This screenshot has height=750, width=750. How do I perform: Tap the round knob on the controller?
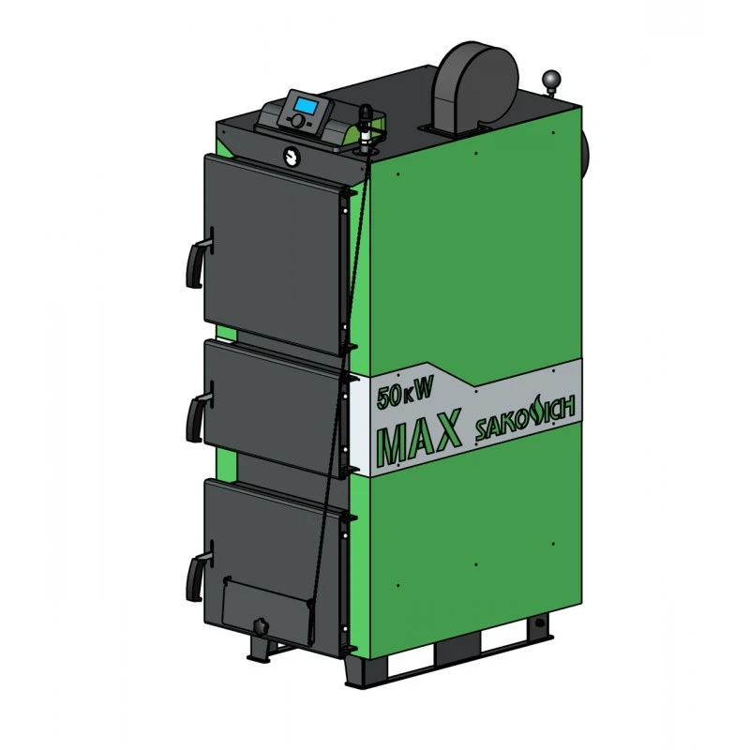(x=297, y=120)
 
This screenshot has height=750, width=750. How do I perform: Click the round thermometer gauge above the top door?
(x=292, y=156)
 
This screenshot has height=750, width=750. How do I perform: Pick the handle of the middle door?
(x=198, y=412)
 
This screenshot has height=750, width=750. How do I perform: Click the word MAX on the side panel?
(x=419, y=438)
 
